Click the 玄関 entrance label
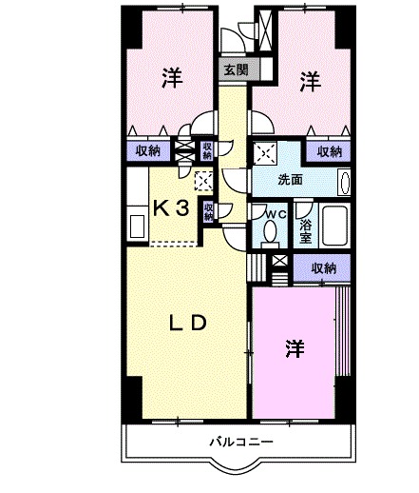(x=237, y=69)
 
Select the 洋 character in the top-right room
(x=311, y=82)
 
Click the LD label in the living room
(x=187, y=323)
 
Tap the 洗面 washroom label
(x=291, y=180)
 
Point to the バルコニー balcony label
(x=242, y=443)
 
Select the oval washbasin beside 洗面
(x=344, y=182)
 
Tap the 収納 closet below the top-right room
(x=329, y=151)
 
